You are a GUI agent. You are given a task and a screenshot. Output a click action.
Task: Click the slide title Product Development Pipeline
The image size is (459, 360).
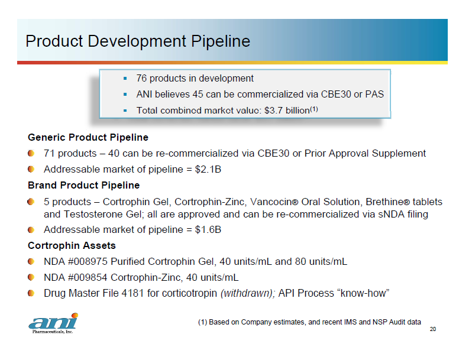pyautogui.click(x=138, y=41)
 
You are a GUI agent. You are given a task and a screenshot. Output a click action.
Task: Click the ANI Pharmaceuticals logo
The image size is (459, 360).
pyautogui.click(x=54, y=323)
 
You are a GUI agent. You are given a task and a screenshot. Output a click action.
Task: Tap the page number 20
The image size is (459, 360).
pyautogui.click(x=432, y=329)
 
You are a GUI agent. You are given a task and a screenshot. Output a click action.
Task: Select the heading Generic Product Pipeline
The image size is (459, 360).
pyautogui.click(x=88, y=138)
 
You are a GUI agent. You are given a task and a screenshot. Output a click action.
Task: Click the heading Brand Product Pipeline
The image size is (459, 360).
pyautogui.click(x=84, y=186)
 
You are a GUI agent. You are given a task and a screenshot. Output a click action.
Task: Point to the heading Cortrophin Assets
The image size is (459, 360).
pyautogui.click(x=72, y=246)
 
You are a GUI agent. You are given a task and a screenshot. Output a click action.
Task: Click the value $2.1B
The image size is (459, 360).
pyautogui.click(x=208, y=169)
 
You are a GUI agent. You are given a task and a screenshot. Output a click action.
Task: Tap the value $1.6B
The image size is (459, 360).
pyautogui.click(x=208, y=230)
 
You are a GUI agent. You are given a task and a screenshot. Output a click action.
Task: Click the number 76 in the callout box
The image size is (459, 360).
pyautogui.click(x=141, y=79)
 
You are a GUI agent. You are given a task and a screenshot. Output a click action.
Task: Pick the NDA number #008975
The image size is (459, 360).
pyautogui.click(x=88, y=261)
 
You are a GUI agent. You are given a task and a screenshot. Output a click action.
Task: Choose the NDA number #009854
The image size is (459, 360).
pyautogui.click(x=88, y=277)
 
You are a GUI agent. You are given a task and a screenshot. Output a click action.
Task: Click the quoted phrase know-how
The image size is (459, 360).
pyautogui.click(x=363, y=293)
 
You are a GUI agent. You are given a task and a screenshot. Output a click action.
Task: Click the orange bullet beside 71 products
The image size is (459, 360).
pyautogui.click(x=31, y=153)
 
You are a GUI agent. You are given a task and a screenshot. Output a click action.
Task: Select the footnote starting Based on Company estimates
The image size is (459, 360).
pyautogui.click(x=309, y=322)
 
